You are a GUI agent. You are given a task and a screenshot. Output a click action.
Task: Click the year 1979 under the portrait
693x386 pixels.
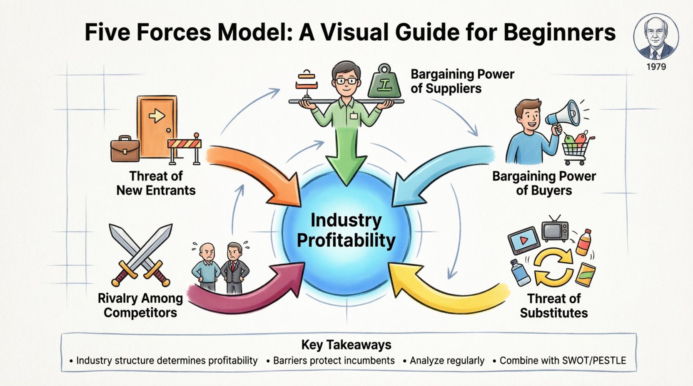pos(656,67)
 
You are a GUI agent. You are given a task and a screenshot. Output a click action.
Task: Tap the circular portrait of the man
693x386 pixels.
pos(656,36)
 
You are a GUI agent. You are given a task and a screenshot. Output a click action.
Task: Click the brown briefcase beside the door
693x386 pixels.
pos(125,148)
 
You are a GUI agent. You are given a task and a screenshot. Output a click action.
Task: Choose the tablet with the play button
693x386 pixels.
pos(523,240)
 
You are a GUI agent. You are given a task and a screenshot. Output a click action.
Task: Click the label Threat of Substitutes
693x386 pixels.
pos(553,305)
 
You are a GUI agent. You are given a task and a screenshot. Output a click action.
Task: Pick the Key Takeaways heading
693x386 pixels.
pos(346,345)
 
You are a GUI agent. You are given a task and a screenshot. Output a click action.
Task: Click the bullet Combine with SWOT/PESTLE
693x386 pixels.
pos(562,361)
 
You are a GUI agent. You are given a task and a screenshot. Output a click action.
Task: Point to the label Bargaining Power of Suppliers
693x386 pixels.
pos(462,81)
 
